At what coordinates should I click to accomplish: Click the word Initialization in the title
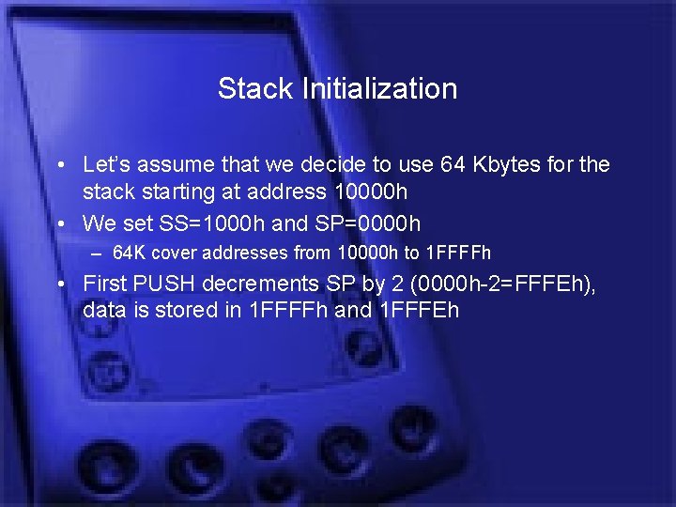pyautogui.click(x=379, y=89)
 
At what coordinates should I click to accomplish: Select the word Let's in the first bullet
pyautogui.click(x=105, y=165)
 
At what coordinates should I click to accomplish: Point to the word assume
pyautogui.click(x=173, y=165)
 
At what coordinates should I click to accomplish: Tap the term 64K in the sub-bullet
pyautogui.click(x=130, y=253)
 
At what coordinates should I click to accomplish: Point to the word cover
pyautogui.click(x=173, y=253)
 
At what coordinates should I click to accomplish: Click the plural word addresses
pyautogui.click(x=238, y=253)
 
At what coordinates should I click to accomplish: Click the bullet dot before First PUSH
pyautogui.click(x=59, y=284)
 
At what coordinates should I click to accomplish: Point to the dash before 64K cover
pyautogui.click(x=95, y=253)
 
